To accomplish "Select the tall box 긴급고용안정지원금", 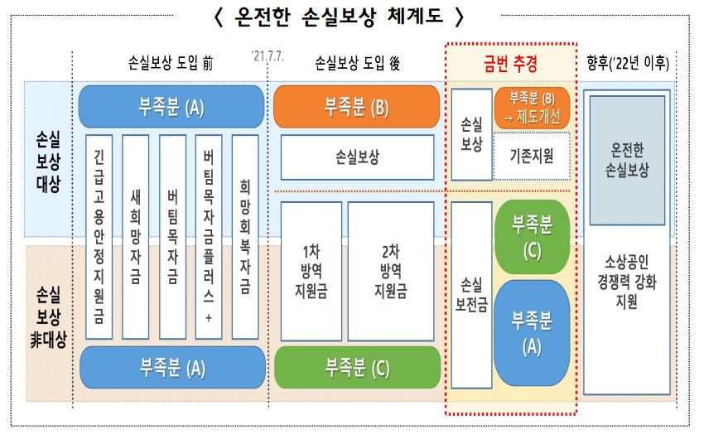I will [x=99, y=236].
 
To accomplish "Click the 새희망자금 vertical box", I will [x=136, y=236].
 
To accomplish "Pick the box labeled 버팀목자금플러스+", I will [x=208, y=236].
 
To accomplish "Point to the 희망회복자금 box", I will [x=244, y=236].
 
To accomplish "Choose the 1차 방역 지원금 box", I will [x=311, y=271].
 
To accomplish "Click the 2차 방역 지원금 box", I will [x=390, y=271].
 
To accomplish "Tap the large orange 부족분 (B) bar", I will [x=356, y=107].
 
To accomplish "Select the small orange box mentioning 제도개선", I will [x=532, y=108].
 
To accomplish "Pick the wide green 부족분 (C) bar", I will [x=356, y=367].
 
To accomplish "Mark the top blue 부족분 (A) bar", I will [x=171, y=107].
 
